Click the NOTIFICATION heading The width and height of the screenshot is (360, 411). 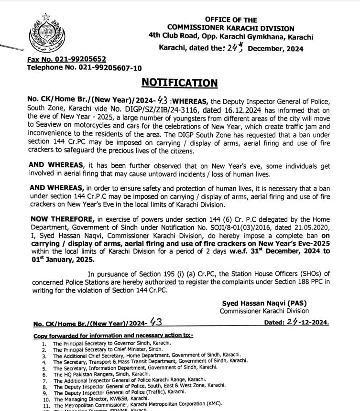click(179, 83)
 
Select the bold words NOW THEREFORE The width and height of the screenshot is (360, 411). click(60, 219)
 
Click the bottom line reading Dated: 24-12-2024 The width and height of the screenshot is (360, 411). click(296, 323)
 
